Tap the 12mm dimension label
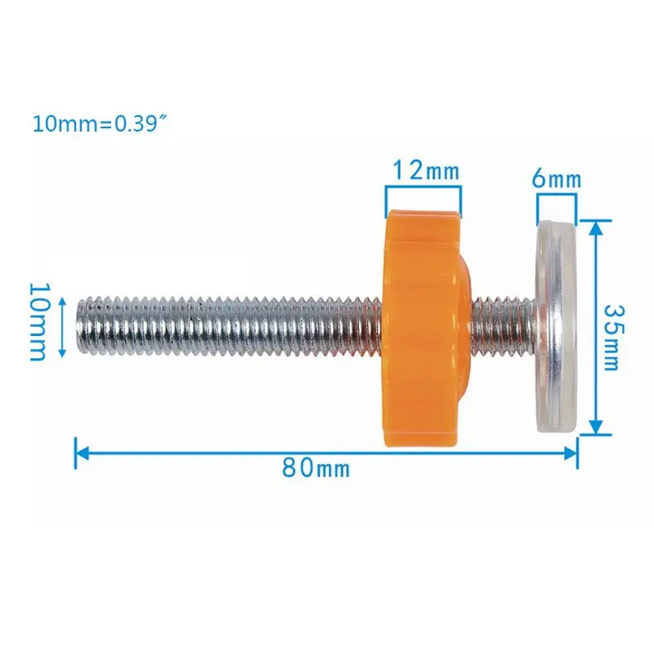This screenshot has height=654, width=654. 425,172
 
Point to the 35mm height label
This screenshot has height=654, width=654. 611,337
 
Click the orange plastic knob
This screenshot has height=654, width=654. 421,327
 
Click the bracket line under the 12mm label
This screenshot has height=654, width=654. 423,188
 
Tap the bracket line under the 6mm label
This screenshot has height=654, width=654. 557,196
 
